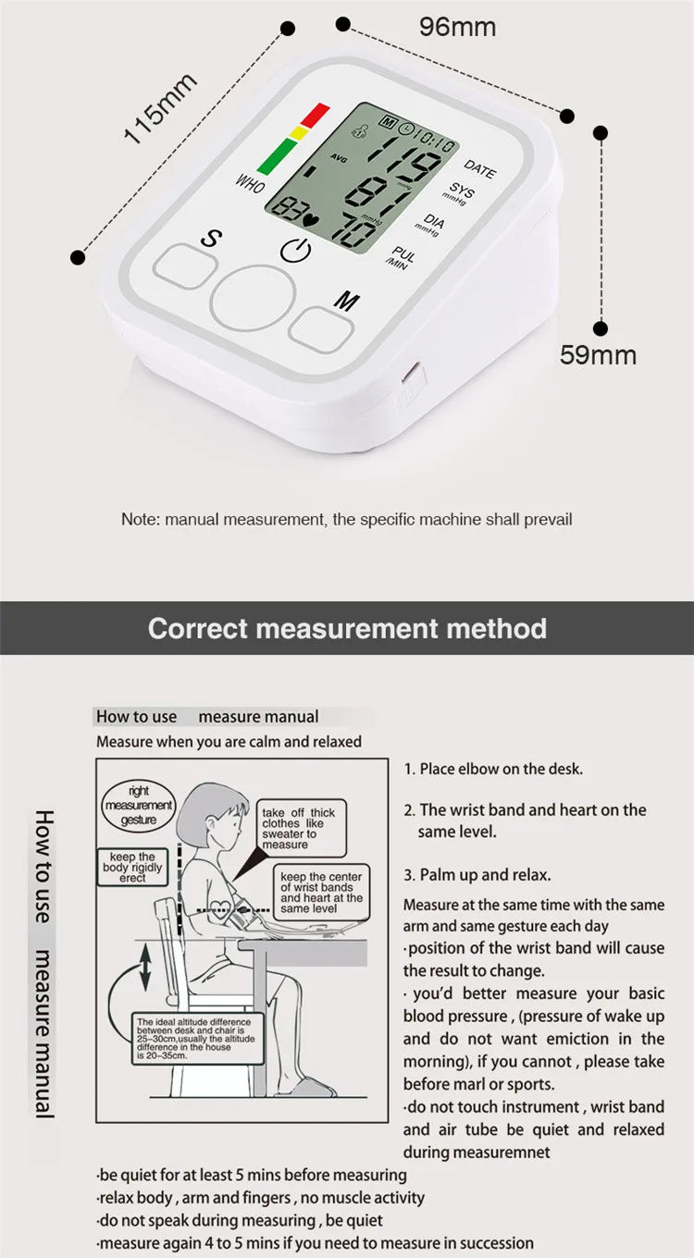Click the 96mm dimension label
coord(457,27)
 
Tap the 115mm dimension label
coord(161,108)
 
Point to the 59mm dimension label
coord(598,354)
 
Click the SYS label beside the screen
coord(460,192)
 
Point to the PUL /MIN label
coord(402,257)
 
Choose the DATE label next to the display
coord(479,168)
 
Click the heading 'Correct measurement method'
coord(347,629)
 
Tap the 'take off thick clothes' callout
coord(298,828)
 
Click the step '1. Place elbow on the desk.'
coord(492,769)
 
